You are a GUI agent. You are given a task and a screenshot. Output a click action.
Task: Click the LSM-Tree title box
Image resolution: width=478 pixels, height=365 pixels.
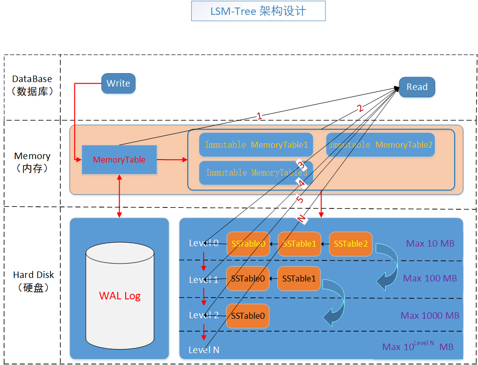coord(258,11)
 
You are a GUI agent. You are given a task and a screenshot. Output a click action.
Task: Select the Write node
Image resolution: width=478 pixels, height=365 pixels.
coord(118,84)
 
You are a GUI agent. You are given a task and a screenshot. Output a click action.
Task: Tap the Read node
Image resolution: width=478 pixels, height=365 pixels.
coord(417,87)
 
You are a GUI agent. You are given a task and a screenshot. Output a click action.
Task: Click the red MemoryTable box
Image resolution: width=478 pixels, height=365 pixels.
coord(119,160)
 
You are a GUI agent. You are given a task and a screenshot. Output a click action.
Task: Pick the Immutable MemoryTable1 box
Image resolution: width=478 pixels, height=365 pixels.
coord(256,145)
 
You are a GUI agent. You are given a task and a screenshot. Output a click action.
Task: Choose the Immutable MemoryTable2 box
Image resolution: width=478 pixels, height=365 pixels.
coord(381,145)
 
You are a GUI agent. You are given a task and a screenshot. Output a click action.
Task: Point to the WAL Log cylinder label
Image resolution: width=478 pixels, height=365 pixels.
coord(120,296)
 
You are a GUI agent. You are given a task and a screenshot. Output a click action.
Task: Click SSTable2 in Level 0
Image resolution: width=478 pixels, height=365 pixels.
coord(351,244)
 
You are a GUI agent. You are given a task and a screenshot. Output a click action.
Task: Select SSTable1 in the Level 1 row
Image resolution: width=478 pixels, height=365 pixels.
coord(299,278)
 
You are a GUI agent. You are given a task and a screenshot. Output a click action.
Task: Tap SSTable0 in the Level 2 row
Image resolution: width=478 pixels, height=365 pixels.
coord(248,316)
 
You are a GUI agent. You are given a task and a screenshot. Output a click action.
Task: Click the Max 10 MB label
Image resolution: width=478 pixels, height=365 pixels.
coord(430,244)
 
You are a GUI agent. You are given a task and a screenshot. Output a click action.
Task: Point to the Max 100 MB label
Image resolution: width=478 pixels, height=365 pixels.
coord(430,278)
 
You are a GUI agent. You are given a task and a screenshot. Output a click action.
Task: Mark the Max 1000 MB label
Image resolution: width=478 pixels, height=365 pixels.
coord(430,316)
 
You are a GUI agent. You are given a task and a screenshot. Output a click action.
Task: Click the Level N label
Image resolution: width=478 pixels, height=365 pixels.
coord(204,350)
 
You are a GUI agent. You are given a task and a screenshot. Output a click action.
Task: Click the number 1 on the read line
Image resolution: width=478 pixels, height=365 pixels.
coord(259,116)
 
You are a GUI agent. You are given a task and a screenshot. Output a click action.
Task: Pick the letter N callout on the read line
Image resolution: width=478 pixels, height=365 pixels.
coord(301,219)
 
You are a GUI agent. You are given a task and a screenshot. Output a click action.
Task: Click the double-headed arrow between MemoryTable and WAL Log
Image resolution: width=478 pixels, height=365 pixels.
coord(119,196)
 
